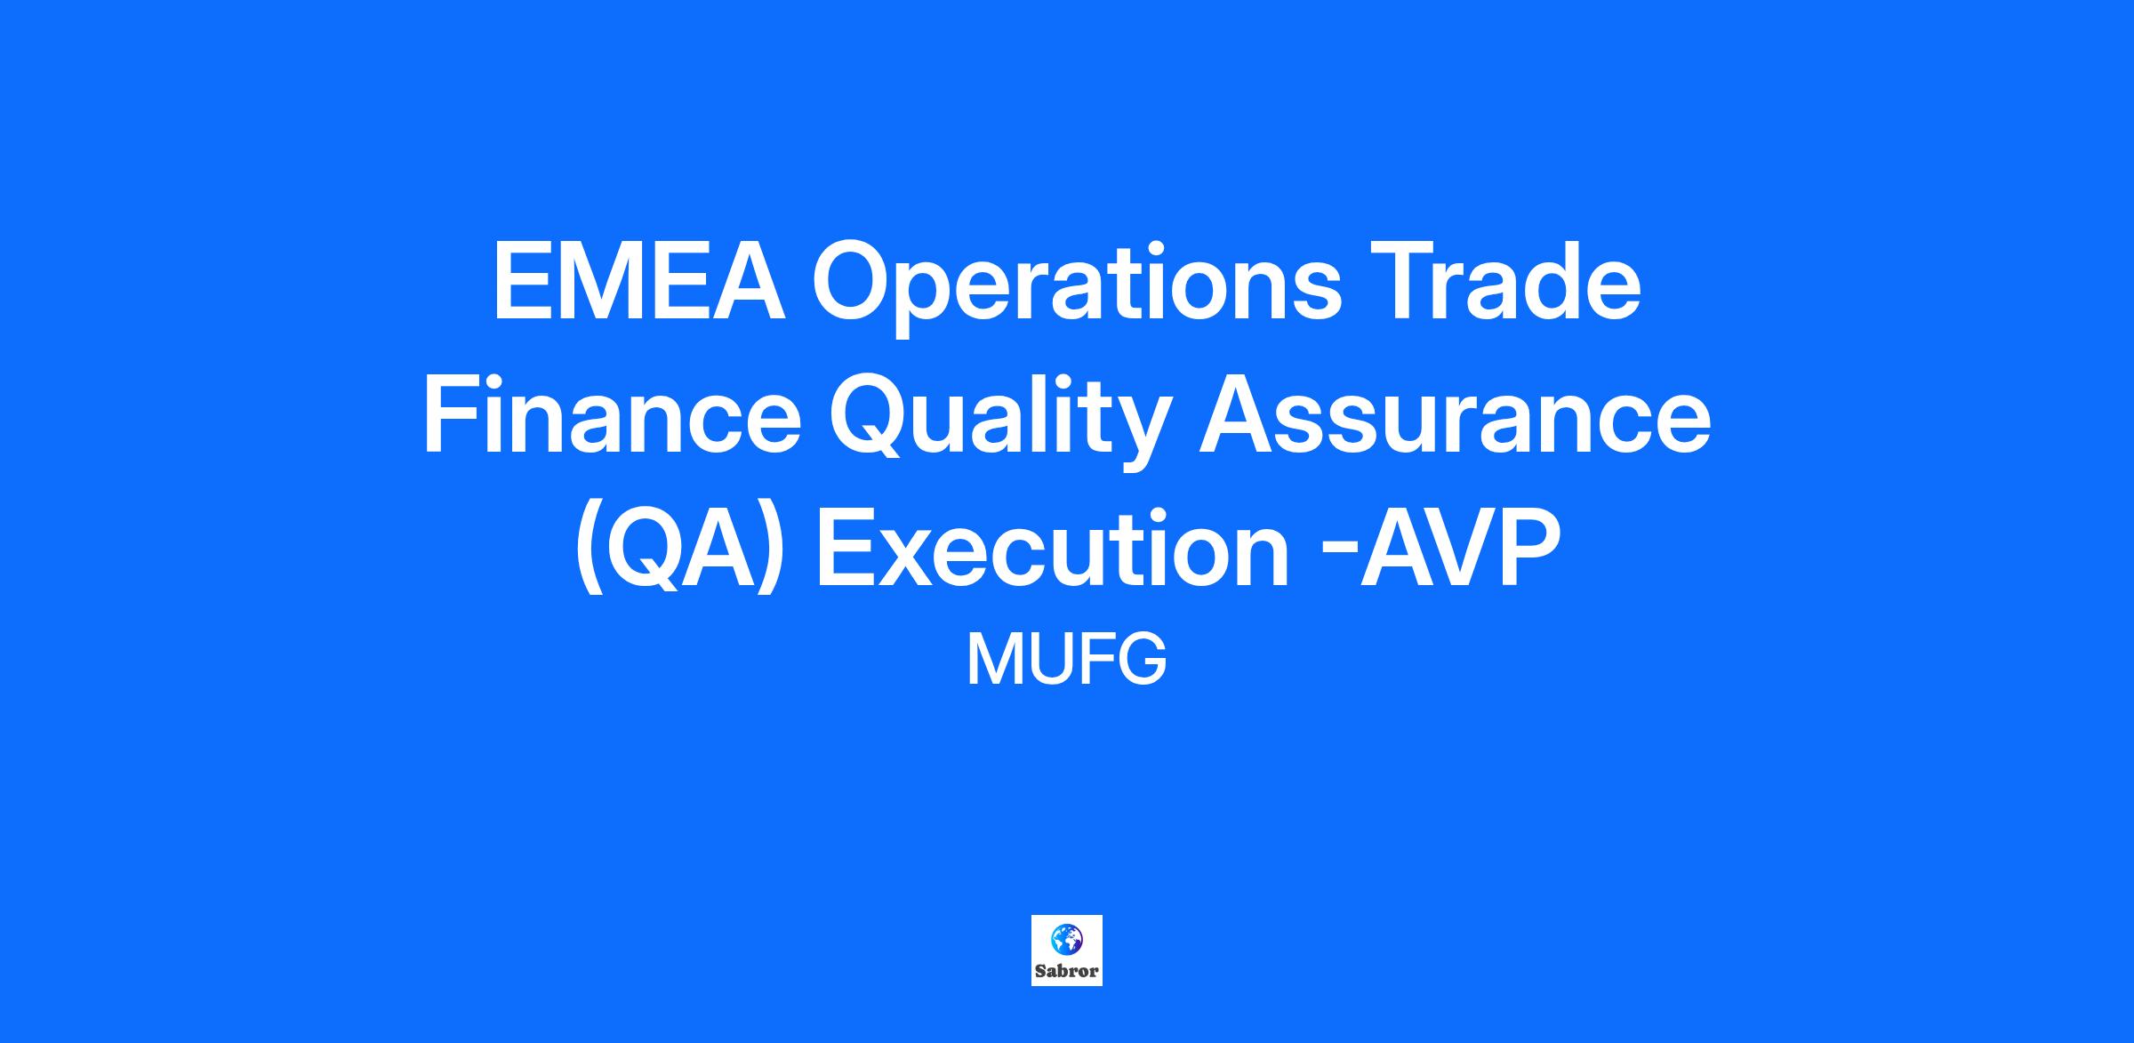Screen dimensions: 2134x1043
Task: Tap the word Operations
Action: click(1077, 288)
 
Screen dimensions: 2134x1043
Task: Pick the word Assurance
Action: click(1455, 417)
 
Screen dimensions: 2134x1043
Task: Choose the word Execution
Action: click(1052, 549)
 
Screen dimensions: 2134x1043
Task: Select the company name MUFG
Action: click(1066, 660)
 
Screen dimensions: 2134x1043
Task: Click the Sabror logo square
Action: click(1067, 951)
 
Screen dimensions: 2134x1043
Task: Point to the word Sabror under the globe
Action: click(1067, 971)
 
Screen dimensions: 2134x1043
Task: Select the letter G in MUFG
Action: click(1142, 660)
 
